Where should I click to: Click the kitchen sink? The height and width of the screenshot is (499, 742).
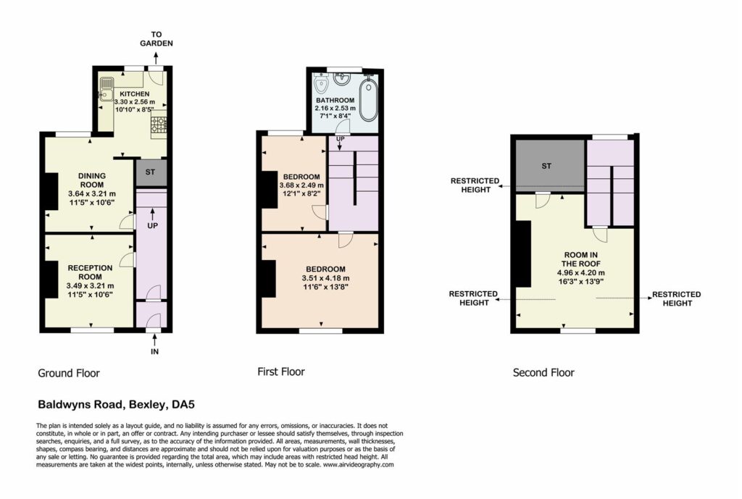coord(106,89)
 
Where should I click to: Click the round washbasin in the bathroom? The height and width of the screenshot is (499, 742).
coord(342,78)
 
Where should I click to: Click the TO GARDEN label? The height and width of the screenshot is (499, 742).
coord(157,39)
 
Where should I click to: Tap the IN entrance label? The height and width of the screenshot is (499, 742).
coord(155,351)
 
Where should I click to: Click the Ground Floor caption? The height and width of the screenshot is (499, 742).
coord(69,373)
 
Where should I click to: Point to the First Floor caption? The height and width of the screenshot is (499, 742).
coord(281,372)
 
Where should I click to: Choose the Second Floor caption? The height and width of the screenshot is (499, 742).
coord(543,373)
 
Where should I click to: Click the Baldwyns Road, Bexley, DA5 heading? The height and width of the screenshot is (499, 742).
coord(116,405)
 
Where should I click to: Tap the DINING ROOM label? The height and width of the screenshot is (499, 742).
coord(92,180)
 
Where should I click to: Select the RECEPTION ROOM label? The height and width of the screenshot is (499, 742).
coord(90,272)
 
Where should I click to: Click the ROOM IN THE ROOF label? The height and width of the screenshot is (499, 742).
coord(580,259)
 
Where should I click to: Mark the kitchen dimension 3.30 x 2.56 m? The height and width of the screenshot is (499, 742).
coord(135,101)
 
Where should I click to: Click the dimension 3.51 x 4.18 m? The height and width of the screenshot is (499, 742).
coord(325,278)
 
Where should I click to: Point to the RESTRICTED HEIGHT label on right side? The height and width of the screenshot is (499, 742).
coord(677,298)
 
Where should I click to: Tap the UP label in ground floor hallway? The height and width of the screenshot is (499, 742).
coord(152,226)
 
